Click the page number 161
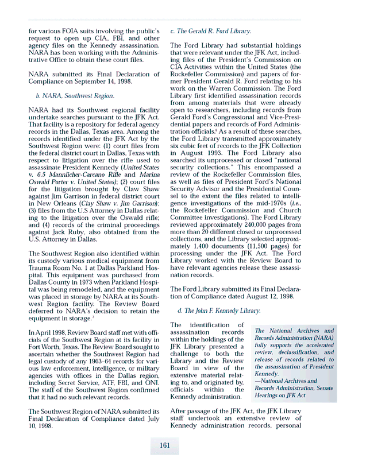tap(165, 444)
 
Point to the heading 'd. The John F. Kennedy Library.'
tap(218, 311)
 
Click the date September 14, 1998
tap(94, 82)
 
